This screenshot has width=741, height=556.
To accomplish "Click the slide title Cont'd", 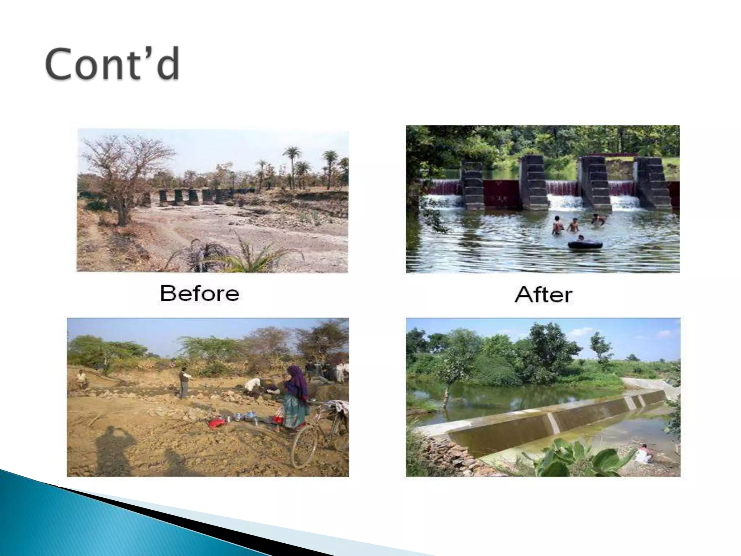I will tap(112, 64).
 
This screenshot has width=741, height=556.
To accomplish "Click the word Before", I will tap(199, 293).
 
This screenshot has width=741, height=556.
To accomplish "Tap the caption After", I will tap(543, 295).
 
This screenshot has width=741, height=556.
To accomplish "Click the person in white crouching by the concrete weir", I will tap(643, 454).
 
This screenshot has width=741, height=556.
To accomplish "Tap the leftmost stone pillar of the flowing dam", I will tap(472, 186).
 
